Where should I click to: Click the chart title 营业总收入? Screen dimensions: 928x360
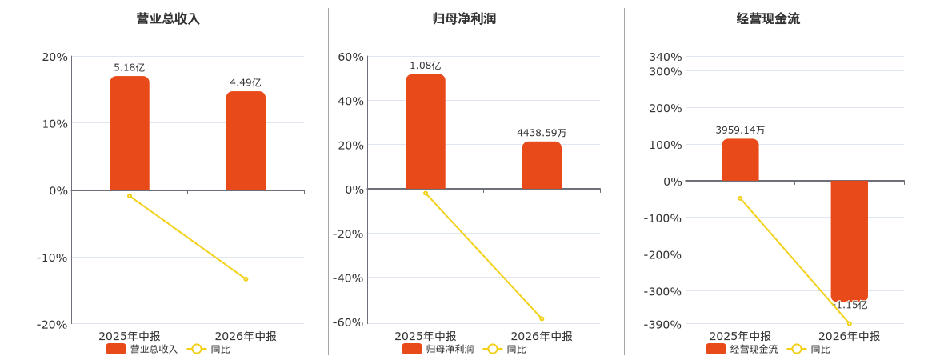tap(168, 19)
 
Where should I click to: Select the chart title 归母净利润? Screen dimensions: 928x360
tap(464, 19)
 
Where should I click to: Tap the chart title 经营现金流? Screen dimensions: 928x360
tap(768, 19)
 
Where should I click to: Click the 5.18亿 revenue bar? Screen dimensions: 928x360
tap(130, 134)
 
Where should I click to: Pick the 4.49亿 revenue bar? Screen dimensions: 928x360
tap(246, 141)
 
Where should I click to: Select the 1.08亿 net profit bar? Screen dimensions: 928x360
tap(426, 131)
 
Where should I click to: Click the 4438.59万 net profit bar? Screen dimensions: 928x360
tap(542, 165)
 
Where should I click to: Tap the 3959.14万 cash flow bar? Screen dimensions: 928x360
tap(740, 160)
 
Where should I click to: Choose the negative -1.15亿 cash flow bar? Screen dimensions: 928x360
tap(850, 241)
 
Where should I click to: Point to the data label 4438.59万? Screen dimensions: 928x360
tap(542, 134)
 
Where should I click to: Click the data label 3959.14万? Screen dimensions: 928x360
tap(740, 130)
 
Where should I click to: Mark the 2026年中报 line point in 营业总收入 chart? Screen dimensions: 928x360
tap(246, 279)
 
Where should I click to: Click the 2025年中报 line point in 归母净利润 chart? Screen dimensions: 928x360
tap(426, 193)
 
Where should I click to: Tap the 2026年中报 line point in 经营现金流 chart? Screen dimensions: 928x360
tap(850, 323)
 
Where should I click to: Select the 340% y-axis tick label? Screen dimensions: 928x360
tap(666, 57)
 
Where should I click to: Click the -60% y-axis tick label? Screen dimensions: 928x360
tap(347, 322)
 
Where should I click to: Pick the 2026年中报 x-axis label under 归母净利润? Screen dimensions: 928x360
tap(542, 336)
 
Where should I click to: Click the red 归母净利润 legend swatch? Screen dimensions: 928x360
tap(412, 349)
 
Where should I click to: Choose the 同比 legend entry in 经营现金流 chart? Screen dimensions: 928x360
tap(810, 349)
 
